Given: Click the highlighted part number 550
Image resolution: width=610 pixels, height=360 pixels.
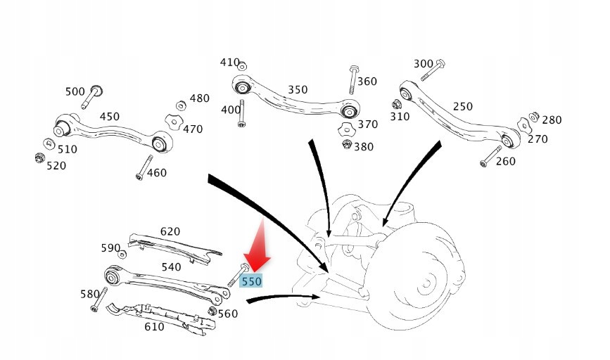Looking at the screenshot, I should [x=251, y=281].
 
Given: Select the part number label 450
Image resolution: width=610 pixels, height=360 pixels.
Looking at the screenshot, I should [x=109, y=117].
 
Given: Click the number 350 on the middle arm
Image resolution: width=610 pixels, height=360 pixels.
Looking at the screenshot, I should [x=298, y=90].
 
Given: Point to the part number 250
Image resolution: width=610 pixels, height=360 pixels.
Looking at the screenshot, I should [x=462, y=107].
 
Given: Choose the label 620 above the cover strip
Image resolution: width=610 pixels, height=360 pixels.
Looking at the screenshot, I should [x=170, y=231].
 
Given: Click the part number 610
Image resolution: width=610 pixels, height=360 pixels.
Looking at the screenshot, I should [x=154, y=326].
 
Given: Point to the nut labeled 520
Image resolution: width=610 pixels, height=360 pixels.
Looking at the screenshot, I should [x=40, y=157].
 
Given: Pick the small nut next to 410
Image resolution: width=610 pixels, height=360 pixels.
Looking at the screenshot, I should [x=242, y=66].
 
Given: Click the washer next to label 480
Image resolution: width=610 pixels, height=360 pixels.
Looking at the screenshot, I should [x=181, y=105].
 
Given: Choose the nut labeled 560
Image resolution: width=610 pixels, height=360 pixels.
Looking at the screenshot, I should [x=211, y=310].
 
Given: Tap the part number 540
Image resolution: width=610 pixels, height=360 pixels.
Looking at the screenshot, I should [x=171, y=267].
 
